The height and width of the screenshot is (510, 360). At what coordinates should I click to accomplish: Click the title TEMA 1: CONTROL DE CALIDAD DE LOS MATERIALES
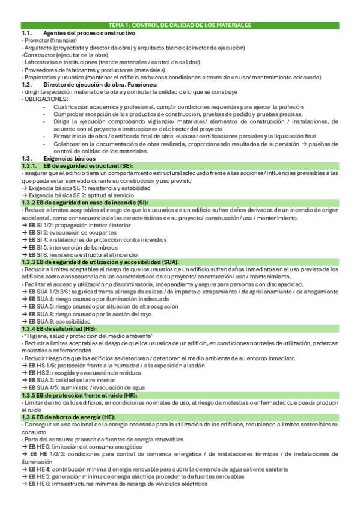tap(180, 26)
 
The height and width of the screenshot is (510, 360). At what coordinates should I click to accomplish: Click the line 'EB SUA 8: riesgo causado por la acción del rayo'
tap(89, 313)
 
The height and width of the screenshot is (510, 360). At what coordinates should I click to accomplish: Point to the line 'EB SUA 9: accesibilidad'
tap(59, 321)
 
